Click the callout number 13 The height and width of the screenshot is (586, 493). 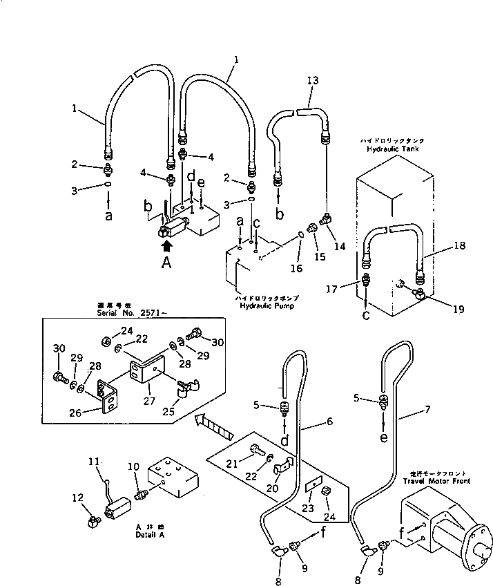pos(312,81)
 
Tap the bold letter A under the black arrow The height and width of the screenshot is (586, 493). pos(166,262)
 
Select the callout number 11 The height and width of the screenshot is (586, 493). pos(95,460)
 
